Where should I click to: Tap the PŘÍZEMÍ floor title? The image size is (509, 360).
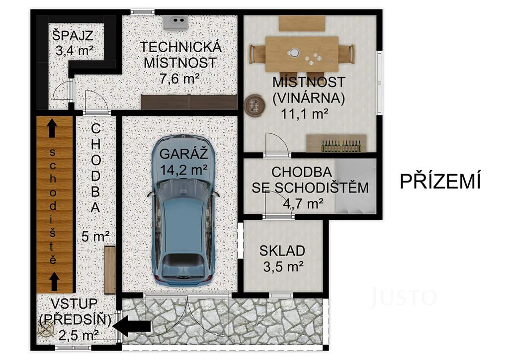point(440,181)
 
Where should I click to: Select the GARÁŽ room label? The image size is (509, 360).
point(183,154)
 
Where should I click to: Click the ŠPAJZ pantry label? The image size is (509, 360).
point(73,35)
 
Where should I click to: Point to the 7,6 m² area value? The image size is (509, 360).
point(179,78)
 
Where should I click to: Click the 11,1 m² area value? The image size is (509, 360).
point(305,114)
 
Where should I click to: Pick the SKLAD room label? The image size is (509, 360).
point(282,251)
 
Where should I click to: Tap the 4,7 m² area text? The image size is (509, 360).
point(303,203)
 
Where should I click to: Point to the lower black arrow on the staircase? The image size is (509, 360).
point(54,281)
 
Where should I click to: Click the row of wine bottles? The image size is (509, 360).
point(341,146)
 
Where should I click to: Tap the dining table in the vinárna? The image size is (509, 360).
point(302,54)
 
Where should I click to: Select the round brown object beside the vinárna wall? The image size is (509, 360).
point(254,104)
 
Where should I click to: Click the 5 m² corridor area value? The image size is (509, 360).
point(95,236)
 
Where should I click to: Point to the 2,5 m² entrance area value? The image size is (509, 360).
point(79,335)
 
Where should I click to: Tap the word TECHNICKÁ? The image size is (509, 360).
point(181,47)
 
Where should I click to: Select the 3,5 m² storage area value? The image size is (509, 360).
point(283,267)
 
